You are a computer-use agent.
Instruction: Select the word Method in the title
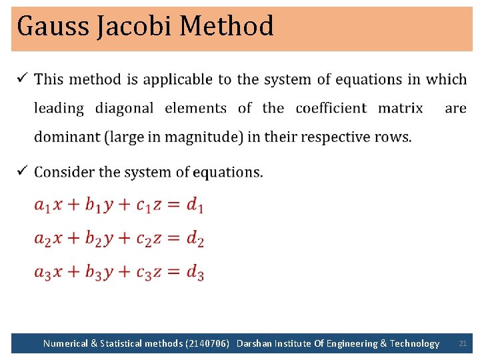[227, 27]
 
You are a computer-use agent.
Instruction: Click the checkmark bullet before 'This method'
[21, 78]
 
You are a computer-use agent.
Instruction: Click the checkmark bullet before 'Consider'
[21, 171]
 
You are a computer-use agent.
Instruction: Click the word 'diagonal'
[124, 108]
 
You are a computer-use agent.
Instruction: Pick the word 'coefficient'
[331, 108]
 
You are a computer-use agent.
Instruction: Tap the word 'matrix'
[400, 108]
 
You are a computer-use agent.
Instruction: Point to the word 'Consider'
[64, 172]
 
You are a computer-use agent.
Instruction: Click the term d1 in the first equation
[195, 205]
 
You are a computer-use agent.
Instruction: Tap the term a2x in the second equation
[49, 239]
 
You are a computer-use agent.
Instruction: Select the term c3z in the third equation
[149, 272]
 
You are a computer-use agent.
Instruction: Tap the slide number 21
[463, 343]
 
